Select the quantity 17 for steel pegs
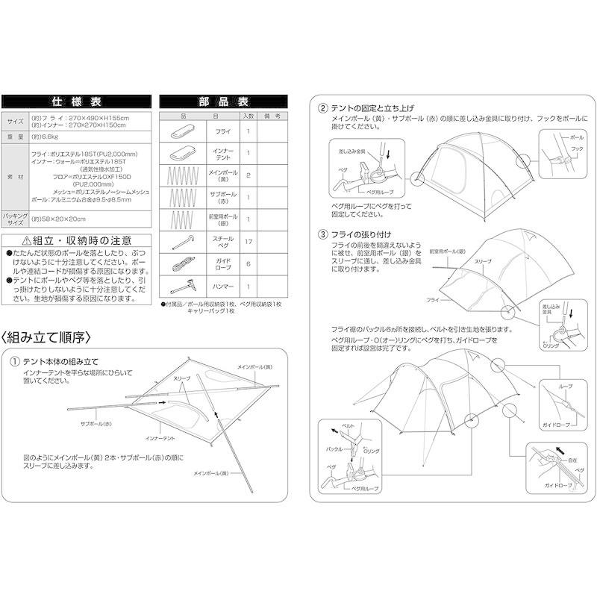click(x=249, y=243)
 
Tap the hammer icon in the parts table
click(x=182, y=287)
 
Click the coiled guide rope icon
click(x=182, y=264)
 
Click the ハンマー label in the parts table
click(x=222, y=287)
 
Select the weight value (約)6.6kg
click(x=44, y=137)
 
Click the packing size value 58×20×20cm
click(x=60, y=219)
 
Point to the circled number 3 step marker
click(x=322, y=234)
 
